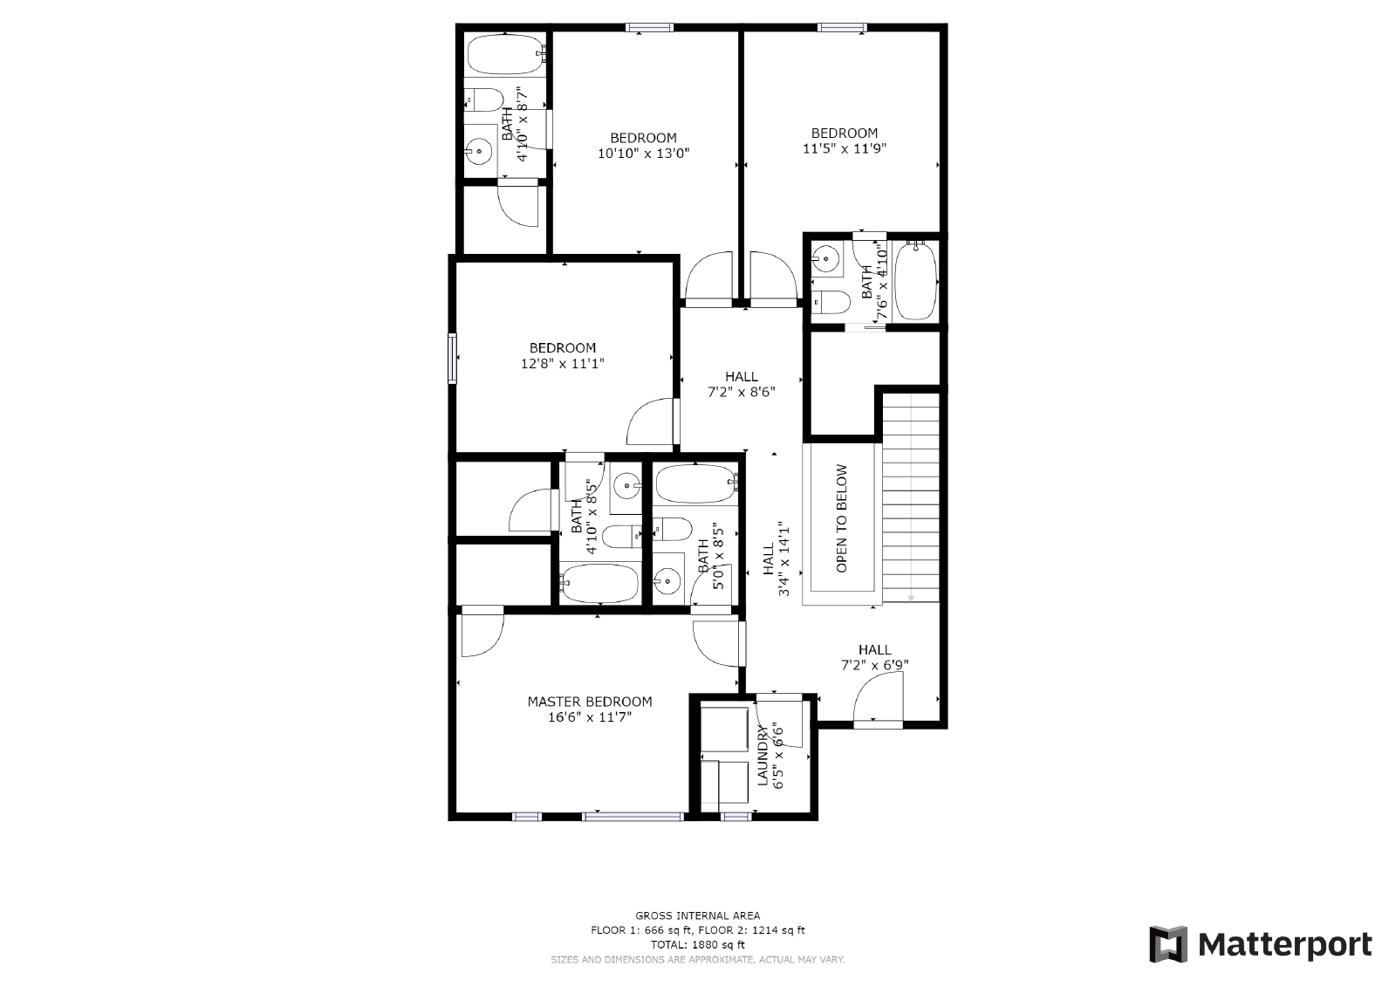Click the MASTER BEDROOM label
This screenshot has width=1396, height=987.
point(589,702)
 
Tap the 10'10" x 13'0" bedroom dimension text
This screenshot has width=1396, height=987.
point(643,154)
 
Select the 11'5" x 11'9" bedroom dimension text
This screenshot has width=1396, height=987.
point(844,148)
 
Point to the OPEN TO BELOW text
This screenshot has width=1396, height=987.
point(842,518)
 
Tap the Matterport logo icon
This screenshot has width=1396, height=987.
point(1168,944)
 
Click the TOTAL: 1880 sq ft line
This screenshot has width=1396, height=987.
point(697,944)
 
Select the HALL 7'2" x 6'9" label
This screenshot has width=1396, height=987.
point(874,657)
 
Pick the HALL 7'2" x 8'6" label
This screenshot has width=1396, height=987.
point(741,384)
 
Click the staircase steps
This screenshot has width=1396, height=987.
point(911,497)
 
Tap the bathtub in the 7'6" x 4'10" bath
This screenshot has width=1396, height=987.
point(914,281)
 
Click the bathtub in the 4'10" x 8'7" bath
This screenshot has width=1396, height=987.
point(504,54)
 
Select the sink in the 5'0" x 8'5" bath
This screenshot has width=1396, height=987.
point(667,579)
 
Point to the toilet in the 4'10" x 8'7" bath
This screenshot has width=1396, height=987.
point(483,99)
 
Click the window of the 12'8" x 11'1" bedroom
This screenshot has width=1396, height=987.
point(453,358)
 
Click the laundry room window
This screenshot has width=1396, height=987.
point(736,817)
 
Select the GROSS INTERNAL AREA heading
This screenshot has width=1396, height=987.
point(697,915)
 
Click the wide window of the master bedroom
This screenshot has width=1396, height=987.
point(633,817)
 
